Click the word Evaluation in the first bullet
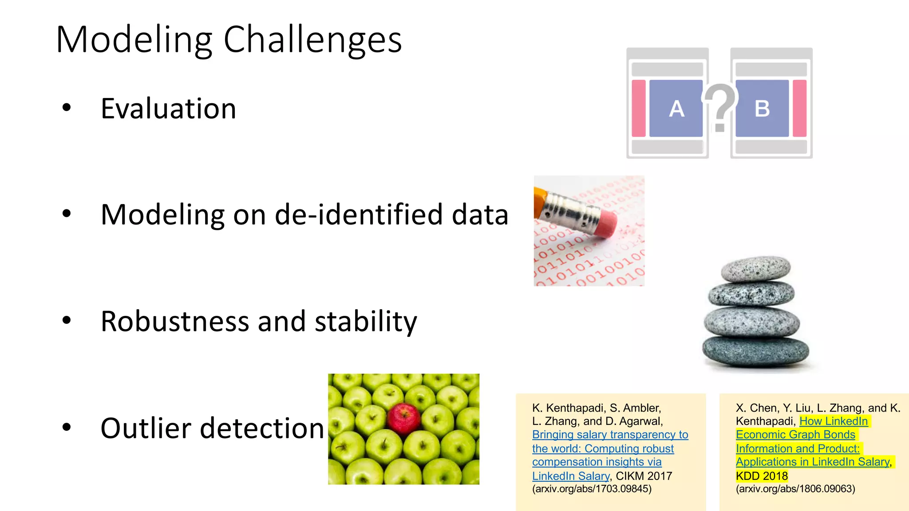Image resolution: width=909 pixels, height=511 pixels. [168, 109]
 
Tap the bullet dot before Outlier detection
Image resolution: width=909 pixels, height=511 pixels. [67, 428]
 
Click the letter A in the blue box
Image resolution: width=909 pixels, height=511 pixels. [676, 109]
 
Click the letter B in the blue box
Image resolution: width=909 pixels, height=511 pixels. [762, 109]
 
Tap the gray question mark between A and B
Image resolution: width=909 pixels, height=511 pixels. [720, 106]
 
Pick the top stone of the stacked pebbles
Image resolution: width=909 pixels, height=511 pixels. [755, 269]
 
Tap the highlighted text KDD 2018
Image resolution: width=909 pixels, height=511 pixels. [762, 476]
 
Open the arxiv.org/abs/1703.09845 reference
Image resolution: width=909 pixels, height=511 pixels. [592, 489]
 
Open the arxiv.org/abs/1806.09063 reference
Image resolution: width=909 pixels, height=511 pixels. [795, 489]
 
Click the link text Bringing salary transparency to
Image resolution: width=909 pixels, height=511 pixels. [610, 435]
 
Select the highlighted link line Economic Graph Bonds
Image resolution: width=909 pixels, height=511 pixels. [795, 435]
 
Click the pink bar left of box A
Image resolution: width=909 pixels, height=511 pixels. [638, 108]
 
